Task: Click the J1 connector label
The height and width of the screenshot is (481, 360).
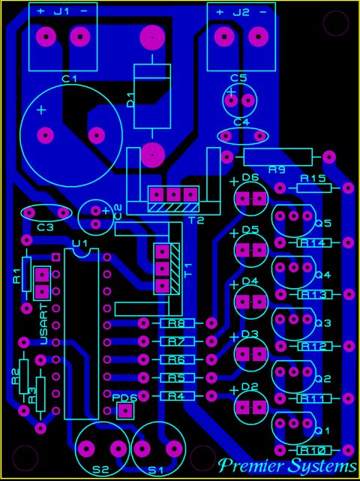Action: click(61, 12)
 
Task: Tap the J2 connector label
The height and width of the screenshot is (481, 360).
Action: click(241, 13)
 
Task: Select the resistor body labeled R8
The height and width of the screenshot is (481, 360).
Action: click(177, 323)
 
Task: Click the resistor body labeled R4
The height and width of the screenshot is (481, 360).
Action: click(177, 396)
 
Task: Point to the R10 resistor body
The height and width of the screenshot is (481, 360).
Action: click(314, 451)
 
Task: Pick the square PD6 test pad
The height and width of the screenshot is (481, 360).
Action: click(125, 410)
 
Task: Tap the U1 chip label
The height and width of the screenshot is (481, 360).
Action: click(79, 244)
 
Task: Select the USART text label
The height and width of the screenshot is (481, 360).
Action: click(44, 324)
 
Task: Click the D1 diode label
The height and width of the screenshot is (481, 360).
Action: click(130, 100)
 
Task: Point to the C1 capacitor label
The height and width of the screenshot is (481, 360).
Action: click(69, 80)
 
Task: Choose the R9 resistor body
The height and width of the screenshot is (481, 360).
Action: click(277, 158)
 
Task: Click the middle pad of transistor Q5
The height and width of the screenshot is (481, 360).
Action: click(294, 216)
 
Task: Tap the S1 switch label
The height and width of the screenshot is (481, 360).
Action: click(157, 470)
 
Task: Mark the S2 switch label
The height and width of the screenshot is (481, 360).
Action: click(101, 469)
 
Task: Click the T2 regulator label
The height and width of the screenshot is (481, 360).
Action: click(196, 221)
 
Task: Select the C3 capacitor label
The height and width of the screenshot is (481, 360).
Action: click(46, 227)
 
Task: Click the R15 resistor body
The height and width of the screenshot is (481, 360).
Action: click(314, 188)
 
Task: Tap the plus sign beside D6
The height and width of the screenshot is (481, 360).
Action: click(234, 182)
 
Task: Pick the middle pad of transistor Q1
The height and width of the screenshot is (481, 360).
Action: click(294, 423)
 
